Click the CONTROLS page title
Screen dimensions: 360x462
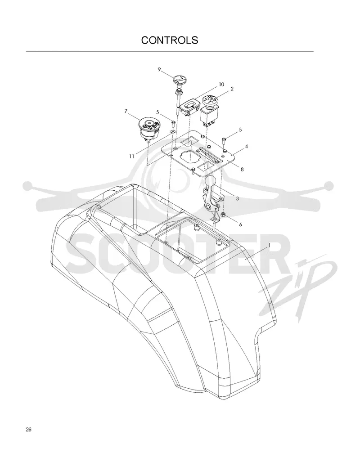pos(170,40)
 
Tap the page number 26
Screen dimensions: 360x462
pos(29,429)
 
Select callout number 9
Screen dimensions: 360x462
pos(159,70)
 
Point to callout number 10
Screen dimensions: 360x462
pos(221,85)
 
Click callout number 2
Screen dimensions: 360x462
pos(232,89)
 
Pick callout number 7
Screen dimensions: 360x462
pos(126,111)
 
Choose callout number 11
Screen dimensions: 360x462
pos(131,156)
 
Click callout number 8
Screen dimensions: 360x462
pos(242,170)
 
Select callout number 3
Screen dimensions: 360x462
pos(237,199)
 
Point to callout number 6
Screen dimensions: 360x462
pos(241,224)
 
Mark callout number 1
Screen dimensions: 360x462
pos(269,245)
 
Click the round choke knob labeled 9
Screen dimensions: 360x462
pos(179,80)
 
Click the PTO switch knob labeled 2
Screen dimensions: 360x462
pos(210,101)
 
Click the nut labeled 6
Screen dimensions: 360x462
pos(223,213)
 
